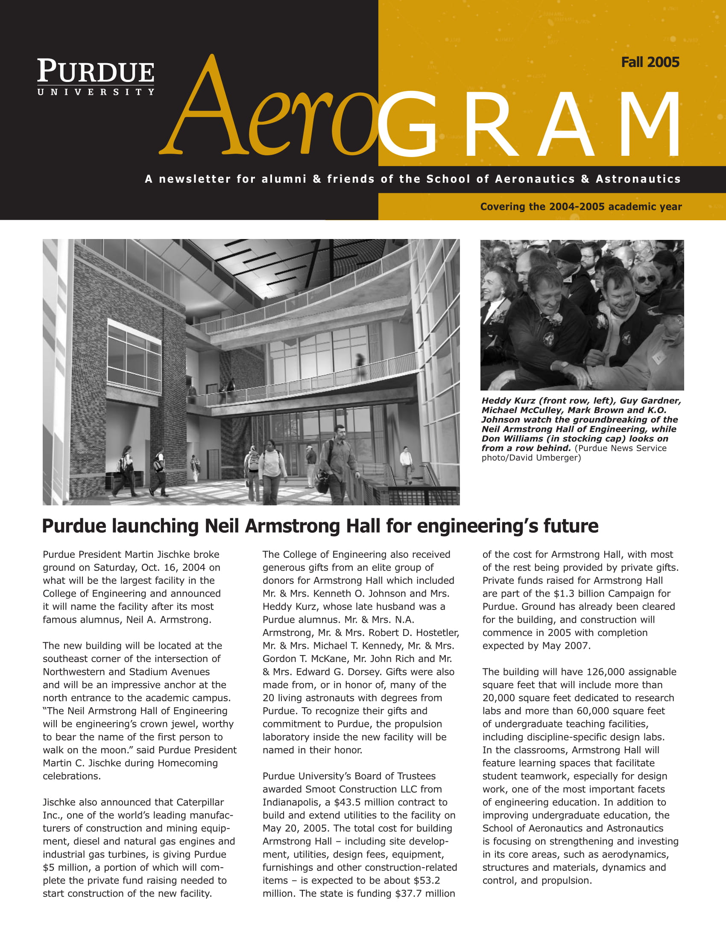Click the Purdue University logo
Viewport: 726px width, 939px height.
tap(96, 76)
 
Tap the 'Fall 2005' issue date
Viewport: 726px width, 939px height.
tap(650, 63)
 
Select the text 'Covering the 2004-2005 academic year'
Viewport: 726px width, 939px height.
tap(581, 207)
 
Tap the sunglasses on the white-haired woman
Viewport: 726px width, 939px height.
tap(646, 279)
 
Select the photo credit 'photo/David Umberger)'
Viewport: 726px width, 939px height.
tap(531, 458)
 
